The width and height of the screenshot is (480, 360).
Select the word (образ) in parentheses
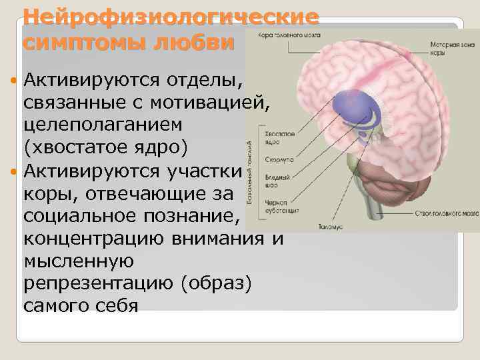[216, 284]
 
